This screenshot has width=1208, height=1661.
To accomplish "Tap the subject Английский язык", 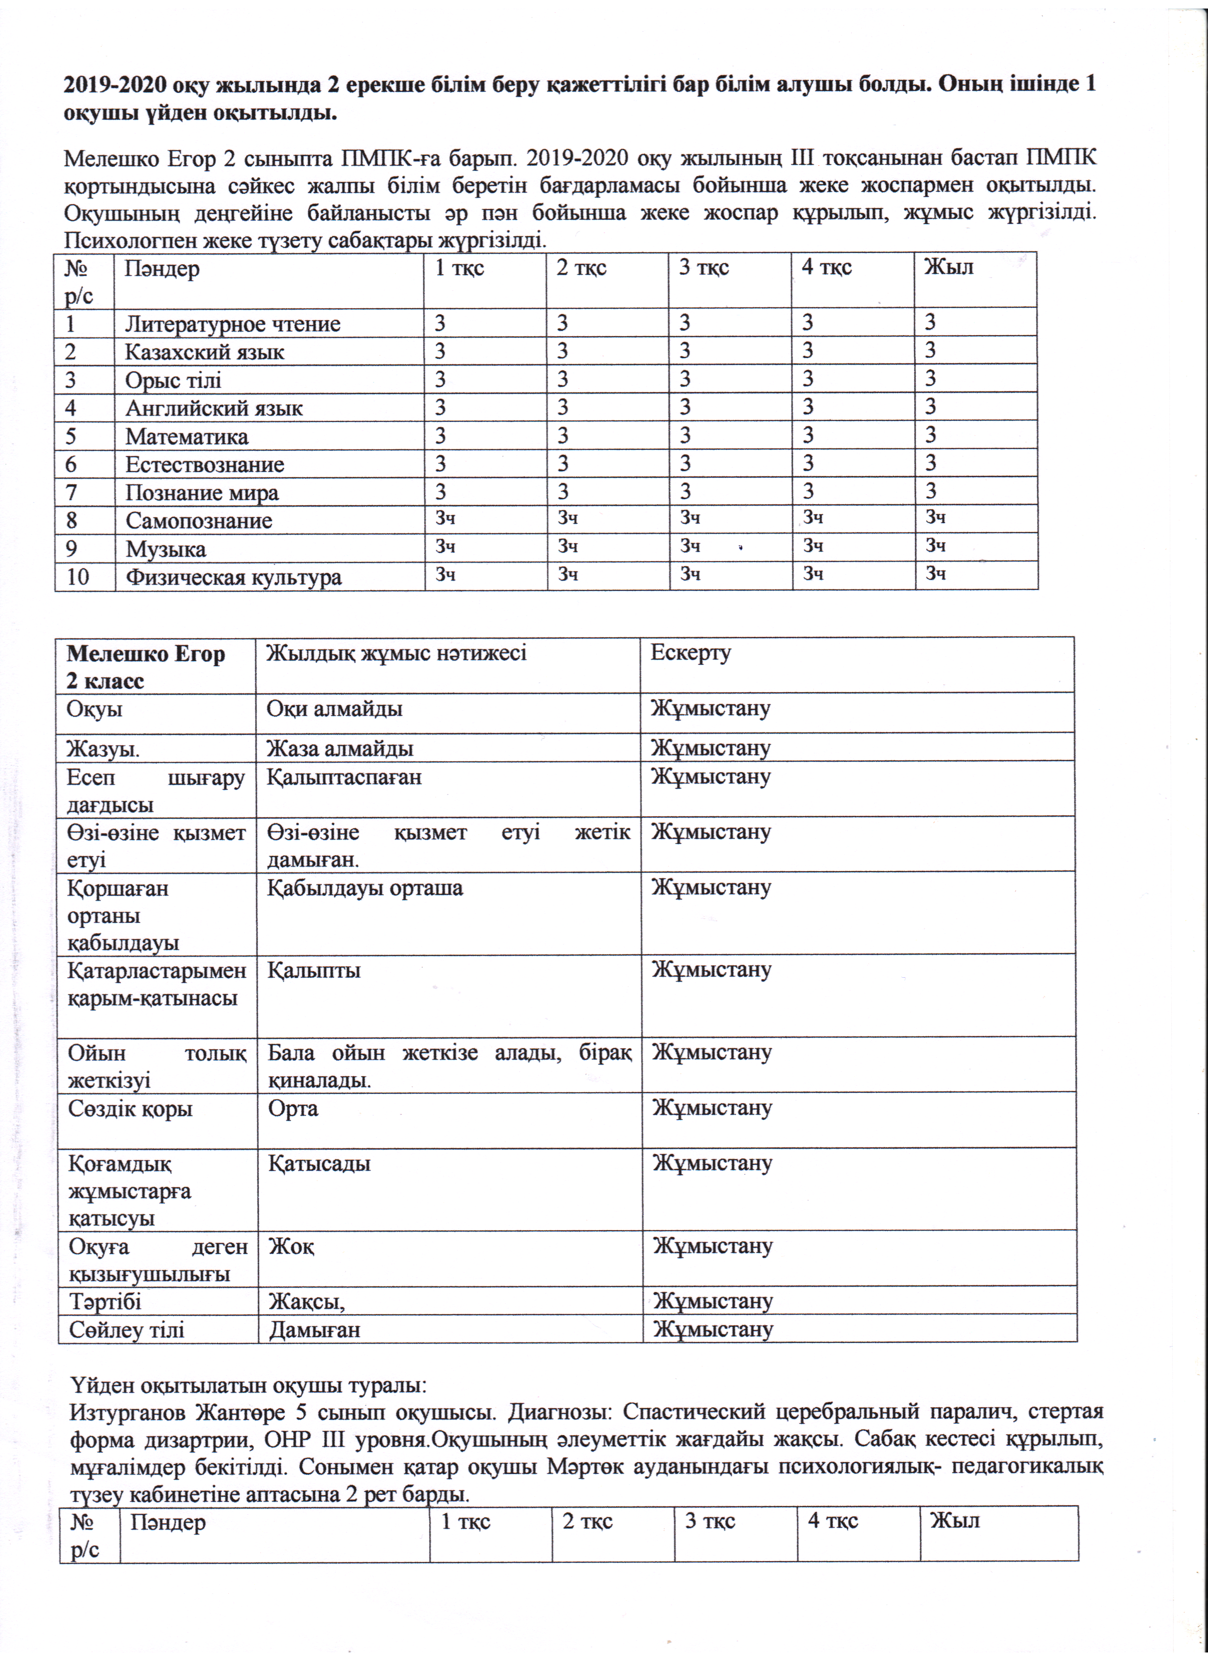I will (214, 408).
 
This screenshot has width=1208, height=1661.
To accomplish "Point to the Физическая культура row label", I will (233, 577).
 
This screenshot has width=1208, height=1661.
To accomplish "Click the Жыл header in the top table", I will (948, 268).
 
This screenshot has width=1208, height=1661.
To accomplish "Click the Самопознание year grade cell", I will (936, 518).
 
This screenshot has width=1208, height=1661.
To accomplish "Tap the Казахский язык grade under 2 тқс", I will (563, 351).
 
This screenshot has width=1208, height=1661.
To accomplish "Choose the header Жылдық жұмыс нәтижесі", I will (396, 652).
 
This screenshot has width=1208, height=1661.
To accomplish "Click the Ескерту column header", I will (690, 652).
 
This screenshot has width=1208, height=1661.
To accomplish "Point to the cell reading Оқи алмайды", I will (334, 709).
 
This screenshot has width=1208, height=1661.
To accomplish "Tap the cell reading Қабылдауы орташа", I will (365, 888).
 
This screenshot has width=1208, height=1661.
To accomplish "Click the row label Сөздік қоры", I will (130, 1109).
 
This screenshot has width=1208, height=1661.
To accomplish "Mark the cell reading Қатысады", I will (319, 1164).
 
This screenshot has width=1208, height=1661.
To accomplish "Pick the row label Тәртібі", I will (105, 1302).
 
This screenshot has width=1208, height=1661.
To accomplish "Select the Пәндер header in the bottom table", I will (168, 1523).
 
